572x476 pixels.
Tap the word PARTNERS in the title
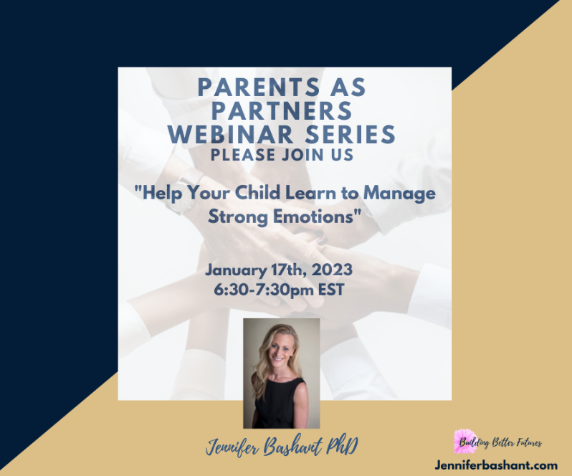click(x=285, y=111)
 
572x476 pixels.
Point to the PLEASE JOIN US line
click(x=285, y=153)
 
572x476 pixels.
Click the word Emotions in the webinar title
click(x=315, y=216)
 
